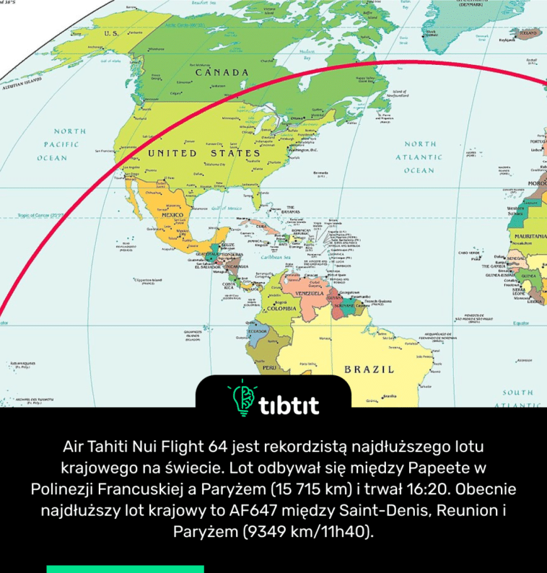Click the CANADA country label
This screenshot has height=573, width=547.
pyautogui.click(x=222, y=73)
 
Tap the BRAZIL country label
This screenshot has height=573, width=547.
pyautogui.click(x=369, y=369)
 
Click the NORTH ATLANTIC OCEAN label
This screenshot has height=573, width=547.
pyautogui.click(x=419, y=157)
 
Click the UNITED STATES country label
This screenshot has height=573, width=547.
pyautogui.click(x=204, y=154)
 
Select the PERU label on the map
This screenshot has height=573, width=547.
pyautogui.click(x=268, y=367)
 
